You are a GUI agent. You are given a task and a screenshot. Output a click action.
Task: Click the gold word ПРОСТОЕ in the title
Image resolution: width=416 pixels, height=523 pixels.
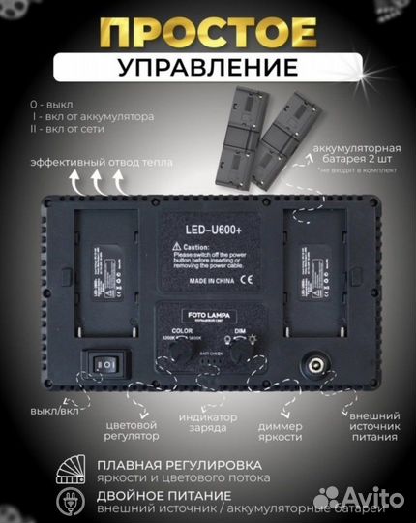[208, 33]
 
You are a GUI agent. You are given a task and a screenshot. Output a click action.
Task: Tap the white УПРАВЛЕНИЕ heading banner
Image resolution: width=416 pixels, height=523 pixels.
[208, 68]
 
